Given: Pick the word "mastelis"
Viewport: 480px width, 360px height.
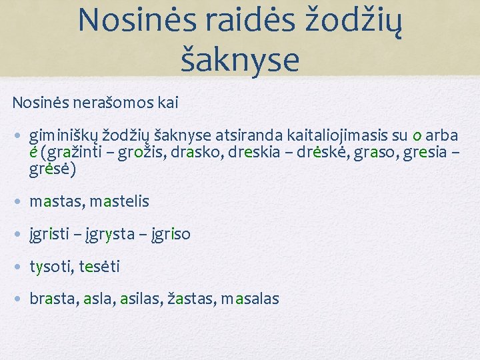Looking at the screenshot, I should pos(119,201).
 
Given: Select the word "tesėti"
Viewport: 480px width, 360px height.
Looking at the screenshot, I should pos(99,267).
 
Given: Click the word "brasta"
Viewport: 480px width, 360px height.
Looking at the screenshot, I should pos(53,299).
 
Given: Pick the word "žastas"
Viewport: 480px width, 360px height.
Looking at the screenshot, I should pos(193,299).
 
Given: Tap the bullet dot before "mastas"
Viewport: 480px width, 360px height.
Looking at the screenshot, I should pos(19,201).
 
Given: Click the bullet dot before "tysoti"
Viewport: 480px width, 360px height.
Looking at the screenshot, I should pos(19,267).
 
